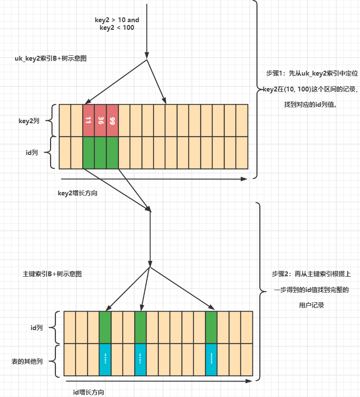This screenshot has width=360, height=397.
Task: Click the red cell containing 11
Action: pos(89,120)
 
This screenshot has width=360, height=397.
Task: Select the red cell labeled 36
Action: pos(101,120)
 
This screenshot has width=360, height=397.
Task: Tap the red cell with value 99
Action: pos(113,120)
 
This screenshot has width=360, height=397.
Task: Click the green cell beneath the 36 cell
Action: pos(101,153)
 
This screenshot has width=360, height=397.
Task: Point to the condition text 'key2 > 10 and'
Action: pos(117,20)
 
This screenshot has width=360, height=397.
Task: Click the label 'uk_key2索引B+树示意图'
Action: pos(51,59)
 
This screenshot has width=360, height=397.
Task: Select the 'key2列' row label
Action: pos(29,121)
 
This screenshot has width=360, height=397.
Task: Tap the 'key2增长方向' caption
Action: pos(77,193)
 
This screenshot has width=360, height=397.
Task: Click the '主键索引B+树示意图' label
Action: pos(52,274)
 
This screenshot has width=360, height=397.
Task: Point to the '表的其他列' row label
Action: pos(27,361)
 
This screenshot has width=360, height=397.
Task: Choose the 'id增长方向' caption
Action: pos(89,392)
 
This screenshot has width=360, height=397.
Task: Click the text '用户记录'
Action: pos(311,305)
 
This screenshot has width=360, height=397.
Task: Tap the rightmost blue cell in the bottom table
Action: pos(211,359)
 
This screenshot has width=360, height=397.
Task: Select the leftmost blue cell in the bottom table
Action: pos(105,359)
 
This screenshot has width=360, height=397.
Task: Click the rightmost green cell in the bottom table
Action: pos(211,327)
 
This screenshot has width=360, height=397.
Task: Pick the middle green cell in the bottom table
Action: pos(141,327)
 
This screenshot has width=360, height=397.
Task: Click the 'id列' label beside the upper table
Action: pos(32,153)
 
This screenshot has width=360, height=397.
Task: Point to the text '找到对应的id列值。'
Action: pos(310,104)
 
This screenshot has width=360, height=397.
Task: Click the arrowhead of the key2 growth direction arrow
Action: pos(244,179)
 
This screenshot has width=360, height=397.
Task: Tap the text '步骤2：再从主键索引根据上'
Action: pos(311,274)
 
